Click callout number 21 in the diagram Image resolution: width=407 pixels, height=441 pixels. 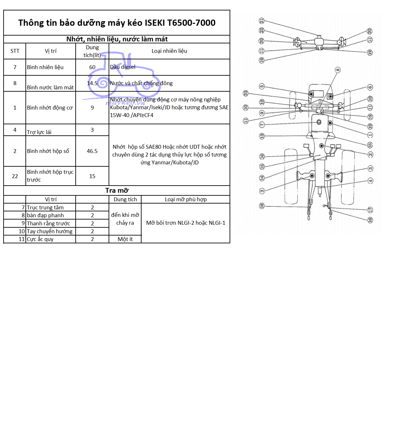pos(262,21)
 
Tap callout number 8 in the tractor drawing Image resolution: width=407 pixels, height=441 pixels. pos(338,70)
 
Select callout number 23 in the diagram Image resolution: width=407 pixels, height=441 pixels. pos(246,93)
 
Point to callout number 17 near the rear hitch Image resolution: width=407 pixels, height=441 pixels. pos(370,210)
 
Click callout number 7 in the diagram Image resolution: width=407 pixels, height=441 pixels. pos(262,125)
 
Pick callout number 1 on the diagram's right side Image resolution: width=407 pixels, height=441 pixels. pos(370,135)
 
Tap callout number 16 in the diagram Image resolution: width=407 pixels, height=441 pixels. pos(262,157)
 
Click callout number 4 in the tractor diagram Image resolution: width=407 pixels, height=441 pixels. pos(370,181)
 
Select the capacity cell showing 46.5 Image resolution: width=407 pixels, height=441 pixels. pos(92,151)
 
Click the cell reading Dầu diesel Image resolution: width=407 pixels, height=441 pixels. pos(123,67)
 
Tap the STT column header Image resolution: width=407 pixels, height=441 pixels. pos(15,51)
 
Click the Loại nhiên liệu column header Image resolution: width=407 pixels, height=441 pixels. pos(169,51)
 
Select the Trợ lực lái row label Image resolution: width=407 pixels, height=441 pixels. pos(39,132)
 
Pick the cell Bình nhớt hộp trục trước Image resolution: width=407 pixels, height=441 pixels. pos(50,176)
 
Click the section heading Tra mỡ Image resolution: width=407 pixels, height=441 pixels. pos(117,190)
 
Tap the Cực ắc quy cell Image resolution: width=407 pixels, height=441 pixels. pos(40,239)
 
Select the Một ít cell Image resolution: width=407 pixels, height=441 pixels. pos(125,239)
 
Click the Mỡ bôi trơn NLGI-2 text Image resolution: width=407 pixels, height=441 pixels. pos(186,223)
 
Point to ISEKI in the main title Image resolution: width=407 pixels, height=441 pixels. pos(155,23)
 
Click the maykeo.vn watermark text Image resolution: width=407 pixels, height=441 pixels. pos(125,103)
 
